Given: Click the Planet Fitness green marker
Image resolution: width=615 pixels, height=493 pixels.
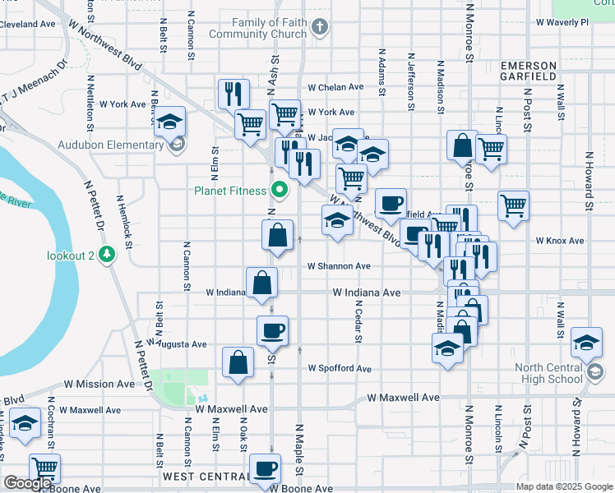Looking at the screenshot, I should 280,191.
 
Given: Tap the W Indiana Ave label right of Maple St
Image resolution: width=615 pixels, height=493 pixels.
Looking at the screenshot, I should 366,293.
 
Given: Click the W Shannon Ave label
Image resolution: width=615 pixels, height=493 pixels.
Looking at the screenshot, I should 339,266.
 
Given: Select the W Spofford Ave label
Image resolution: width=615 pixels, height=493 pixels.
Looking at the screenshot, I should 340,369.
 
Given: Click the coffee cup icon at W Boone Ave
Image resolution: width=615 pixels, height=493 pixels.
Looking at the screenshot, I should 265,469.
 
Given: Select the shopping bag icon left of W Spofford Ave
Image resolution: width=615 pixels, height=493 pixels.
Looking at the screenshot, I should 238,362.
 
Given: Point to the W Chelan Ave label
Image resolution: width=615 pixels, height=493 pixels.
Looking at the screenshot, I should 335,87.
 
